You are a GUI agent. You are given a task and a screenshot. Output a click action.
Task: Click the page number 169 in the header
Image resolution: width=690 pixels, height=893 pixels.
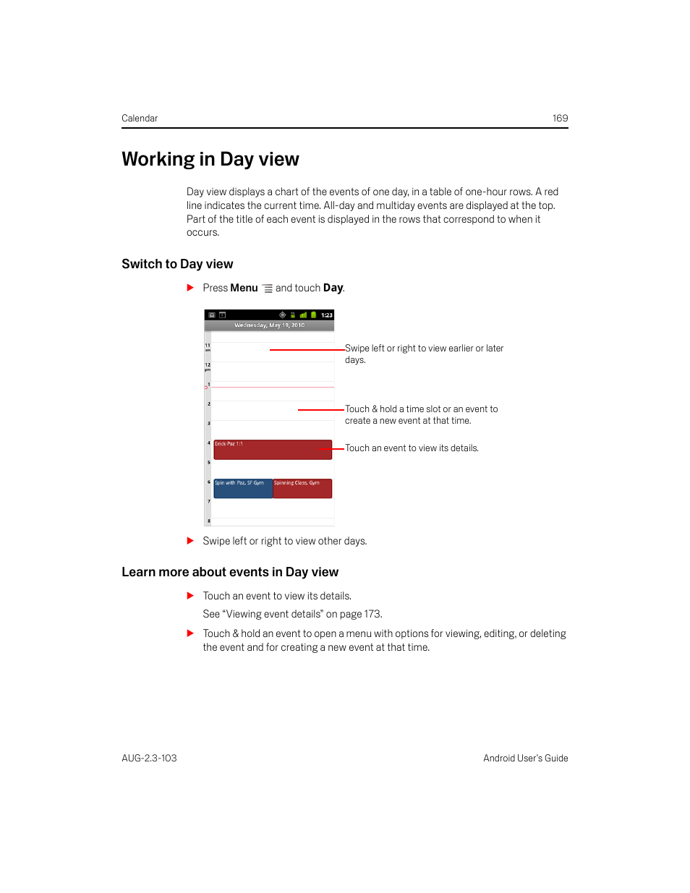pos(560,119)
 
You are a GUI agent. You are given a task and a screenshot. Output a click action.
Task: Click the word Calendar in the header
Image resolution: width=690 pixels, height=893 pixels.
pos(140,119)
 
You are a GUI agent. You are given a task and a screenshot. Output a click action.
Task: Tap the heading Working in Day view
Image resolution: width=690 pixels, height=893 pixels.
pos(210,160)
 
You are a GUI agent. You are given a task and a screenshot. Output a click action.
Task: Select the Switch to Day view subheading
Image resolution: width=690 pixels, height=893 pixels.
pos(177,265)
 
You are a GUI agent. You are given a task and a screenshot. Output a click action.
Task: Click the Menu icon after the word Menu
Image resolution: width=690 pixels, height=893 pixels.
pos(268,289)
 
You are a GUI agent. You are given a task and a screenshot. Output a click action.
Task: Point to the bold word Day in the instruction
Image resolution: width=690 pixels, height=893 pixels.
pos(333,288)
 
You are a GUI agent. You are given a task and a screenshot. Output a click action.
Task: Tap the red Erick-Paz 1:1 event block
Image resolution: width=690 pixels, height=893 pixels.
pos(273,450)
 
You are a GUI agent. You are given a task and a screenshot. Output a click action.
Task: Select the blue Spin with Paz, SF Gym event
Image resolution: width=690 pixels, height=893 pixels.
pos(243,489)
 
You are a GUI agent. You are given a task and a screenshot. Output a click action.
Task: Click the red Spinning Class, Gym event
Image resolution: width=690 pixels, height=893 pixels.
pos(302,489)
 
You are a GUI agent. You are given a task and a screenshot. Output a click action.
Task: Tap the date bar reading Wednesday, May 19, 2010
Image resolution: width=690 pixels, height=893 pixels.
pos(269,325)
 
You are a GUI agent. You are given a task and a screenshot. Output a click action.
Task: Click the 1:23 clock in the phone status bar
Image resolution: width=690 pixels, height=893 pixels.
pos(327,315)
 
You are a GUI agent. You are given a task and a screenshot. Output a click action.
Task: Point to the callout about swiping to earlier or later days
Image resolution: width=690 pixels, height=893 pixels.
pos(424,354)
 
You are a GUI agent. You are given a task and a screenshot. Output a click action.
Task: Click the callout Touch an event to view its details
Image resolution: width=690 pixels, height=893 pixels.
pos(412,448)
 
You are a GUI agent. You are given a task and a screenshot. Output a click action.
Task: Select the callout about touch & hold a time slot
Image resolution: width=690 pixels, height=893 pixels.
pos(421,414)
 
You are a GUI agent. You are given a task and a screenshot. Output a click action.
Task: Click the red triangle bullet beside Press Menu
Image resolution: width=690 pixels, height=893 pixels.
pos(190,288)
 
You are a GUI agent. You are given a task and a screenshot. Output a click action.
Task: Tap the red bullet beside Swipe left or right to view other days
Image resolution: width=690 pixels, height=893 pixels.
pos(190,541)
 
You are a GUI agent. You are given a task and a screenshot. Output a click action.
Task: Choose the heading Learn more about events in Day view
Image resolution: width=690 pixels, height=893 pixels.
pos(230,573)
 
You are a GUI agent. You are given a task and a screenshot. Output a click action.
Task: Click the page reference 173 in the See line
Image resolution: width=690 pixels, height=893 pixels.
pos(372,614)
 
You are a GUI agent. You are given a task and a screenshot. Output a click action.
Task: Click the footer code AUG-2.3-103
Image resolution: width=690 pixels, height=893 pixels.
pos(149,759)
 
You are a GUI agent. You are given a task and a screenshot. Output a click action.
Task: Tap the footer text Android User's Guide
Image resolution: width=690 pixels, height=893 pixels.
pos(525,759)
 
